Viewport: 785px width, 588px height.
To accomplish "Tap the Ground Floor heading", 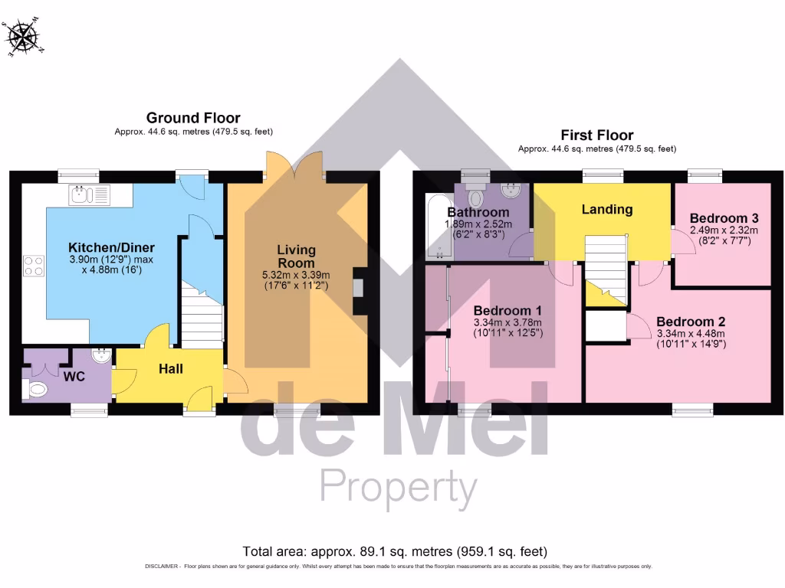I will pyautogui.click(x=193, y=118).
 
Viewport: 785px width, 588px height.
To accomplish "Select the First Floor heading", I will pyautogui.click(x=596, y=136).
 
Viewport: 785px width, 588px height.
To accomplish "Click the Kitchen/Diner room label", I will pyautogui.click(x=112, y=248).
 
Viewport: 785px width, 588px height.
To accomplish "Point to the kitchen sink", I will pyautogui.click(x=90, y=195).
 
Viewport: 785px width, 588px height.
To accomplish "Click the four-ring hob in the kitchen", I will pyautogui.click(x=34, y=265).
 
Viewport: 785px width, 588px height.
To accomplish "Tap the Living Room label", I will pyautogui.click(x=296, y=256).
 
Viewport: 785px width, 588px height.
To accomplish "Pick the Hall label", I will pyautogui.click(x=171, y=369).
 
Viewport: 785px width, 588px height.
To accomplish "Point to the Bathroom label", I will pyautogui.click(x=478, y=212).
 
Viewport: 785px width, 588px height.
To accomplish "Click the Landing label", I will pyautogui.click(x=606, y=209).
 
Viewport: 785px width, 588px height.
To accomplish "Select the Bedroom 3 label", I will pyautogui.click(x=723, y=217).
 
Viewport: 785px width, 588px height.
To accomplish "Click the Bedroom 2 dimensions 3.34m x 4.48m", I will pyautogui.click(x=690, y=334).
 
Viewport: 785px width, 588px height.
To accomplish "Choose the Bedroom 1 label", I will pyautogui.click(x=507, y=311).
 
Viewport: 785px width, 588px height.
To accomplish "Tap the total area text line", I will pyautogui.click(x=395, y=551).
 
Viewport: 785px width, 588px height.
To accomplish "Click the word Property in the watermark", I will pyautogui.click(x=398, y=485).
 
